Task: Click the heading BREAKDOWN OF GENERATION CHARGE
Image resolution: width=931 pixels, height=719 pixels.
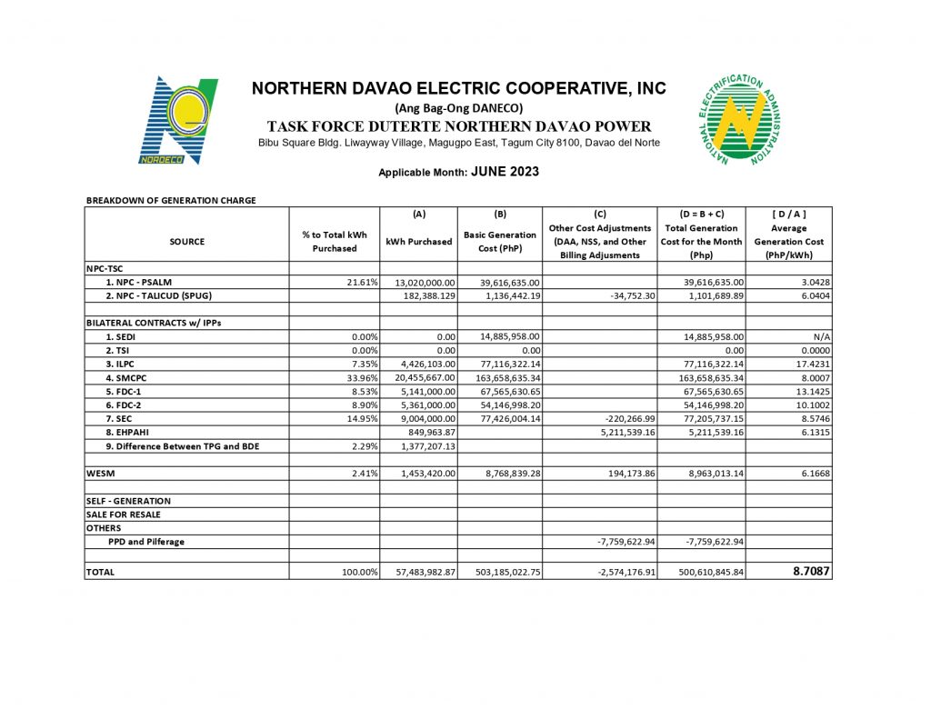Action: [x=171, y=200]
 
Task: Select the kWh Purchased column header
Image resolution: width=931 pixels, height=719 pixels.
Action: [x=418, y=242]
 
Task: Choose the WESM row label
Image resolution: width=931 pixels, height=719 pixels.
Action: [x=99, y=474]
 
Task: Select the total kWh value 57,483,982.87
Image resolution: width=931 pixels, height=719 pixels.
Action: [x=418, y=573]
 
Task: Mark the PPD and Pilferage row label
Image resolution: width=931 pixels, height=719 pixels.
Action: [x=146, y=542]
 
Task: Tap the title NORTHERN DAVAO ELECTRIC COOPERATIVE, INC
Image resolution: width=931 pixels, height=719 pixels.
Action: [x=458, y=88]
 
